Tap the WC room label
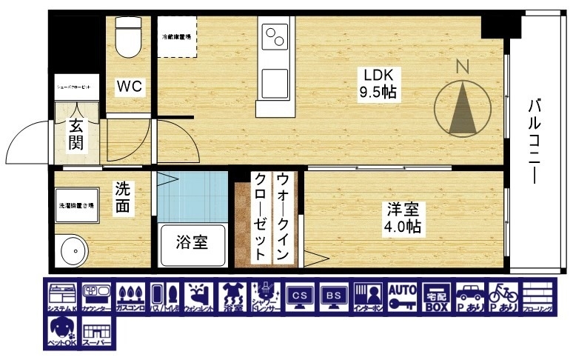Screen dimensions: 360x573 (129, 87)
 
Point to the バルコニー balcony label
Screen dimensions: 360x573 (534, 141)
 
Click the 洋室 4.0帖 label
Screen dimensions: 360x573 (402, 218)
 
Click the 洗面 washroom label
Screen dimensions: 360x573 (123, 198)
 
